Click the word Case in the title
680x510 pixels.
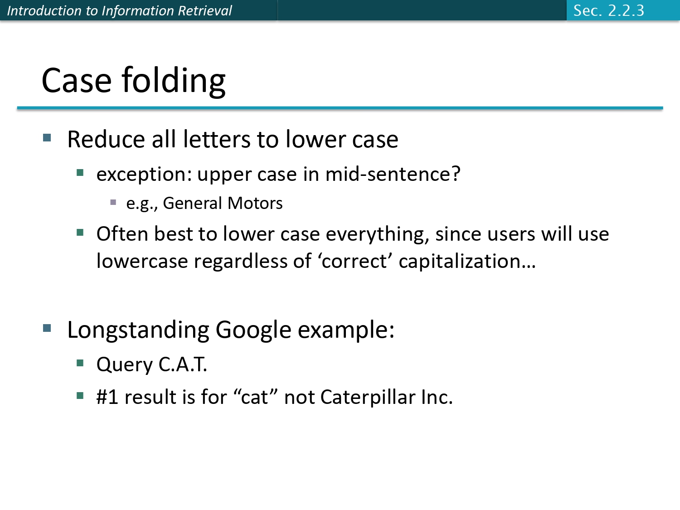(x=76, y=81)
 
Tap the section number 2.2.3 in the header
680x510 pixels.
(x=626, y=10)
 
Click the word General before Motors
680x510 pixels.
(x=192, y=204)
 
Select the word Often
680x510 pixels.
(x=122, y=234)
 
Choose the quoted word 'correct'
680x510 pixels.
(x=355, y=262)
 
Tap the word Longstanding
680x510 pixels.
(x=138, y=330)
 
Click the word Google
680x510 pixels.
(x=253, y=330)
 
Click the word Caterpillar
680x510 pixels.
(x=368, y=398)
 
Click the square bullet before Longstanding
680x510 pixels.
(x=47, y=328)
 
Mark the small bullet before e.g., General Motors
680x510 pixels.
(x=113, y=202)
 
